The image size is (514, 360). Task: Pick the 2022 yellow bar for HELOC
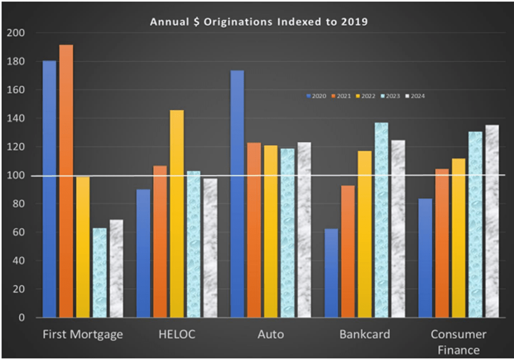coord(177,213)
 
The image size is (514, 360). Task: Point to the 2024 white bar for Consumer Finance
coord(492,221)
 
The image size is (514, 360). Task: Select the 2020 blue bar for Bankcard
coord(331,273)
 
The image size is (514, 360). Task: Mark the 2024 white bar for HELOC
coord(210,248)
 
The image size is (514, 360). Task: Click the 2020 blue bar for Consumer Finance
coord(425,258)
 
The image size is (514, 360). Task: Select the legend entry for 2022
coord(365,96)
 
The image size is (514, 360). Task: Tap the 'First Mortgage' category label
coord(83,334)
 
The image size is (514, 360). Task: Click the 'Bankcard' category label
coord(365,334)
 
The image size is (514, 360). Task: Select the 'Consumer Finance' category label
coord(458,342)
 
